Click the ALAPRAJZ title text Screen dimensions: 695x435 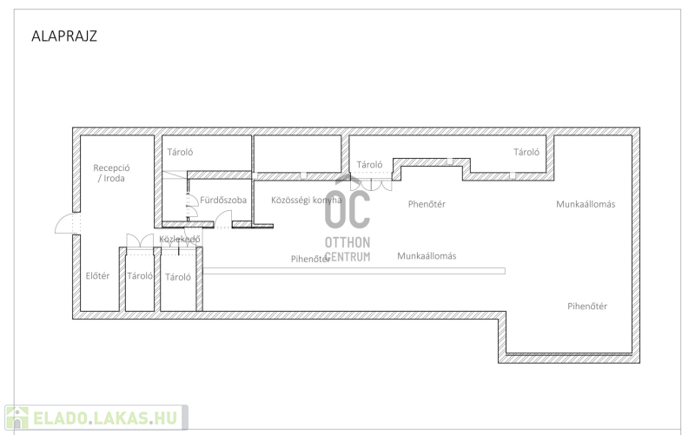(x=63, y=36)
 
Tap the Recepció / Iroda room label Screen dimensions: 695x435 (x=111, y=173)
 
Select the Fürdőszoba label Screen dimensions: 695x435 (x=223, y=201)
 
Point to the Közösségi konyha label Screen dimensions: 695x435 (x=307, y=201)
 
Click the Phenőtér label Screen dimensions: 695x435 (x=427, y=204)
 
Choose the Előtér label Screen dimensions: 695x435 (x=97, y=276)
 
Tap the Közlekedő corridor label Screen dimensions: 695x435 (x=180, y=239)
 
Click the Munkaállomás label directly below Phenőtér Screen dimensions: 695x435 (x=427, y=256)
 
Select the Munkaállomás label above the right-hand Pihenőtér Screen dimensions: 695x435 (x=586, y=204)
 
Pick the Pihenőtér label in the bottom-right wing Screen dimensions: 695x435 (x=587, y=306)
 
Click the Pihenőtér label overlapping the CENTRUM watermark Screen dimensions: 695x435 (x=310, y=259)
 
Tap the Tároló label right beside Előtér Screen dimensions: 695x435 (x=140, y=276)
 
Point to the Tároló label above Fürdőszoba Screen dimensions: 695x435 (x=180, y=153)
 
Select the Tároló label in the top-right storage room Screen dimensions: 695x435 (x=526, y=153)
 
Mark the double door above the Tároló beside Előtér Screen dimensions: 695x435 (x=140, y=241)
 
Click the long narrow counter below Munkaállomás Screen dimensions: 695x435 (x=354, y=271)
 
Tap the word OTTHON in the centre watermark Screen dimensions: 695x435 (x=347, y=242)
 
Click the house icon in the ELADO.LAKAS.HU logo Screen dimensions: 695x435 (x=17, y=418)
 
